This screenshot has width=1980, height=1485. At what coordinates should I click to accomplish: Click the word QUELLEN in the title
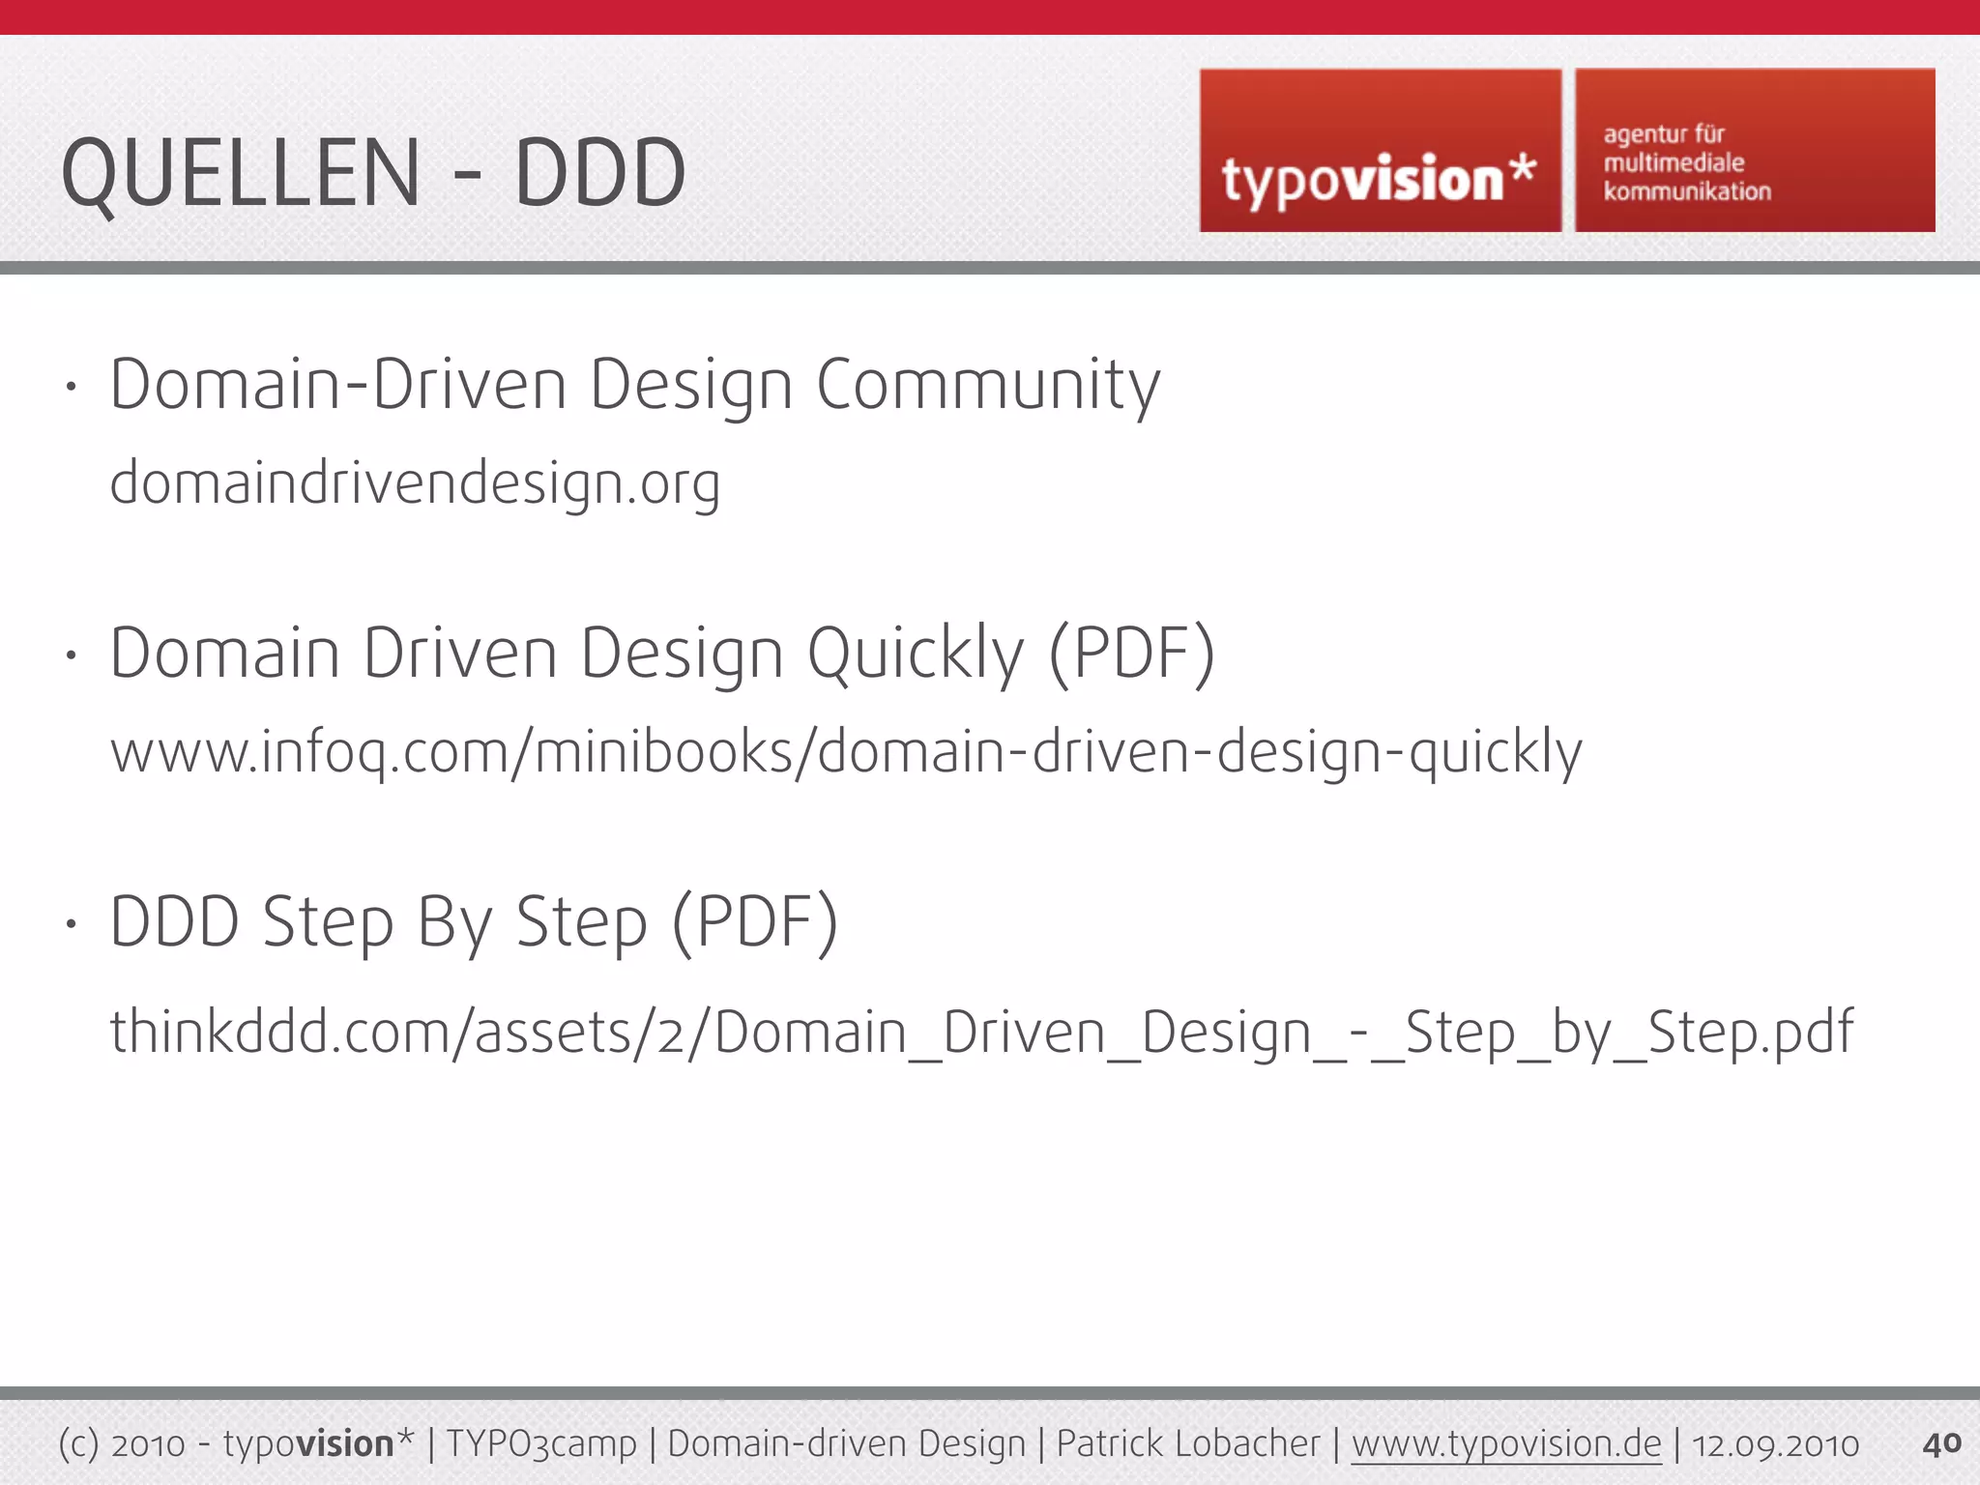point(241,174)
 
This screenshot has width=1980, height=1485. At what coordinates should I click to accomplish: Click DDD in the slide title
point(599,174)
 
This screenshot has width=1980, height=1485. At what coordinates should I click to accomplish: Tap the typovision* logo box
point(1380,151)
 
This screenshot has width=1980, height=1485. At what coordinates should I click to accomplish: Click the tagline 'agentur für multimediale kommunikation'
point(1687,162)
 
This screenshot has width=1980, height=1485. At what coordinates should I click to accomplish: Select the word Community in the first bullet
point(988,385)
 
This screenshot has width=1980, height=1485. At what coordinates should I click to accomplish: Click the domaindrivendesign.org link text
point(415,483)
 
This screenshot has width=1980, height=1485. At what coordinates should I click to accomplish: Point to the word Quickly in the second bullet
point(915,655)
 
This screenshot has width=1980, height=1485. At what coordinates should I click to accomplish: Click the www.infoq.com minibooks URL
point(846,752)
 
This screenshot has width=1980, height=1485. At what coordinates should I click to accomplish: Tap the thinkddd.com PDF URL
point(981,1032)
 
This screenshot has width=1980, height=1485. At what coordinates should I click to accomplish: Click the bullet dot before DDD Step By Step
point(71,923)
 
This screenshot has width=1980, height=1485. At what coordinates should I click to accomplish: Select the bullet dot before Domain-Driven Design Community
point(71,387)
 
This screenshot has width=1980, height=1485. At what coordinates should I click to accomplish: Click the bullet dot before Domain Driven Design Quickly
point(71,655)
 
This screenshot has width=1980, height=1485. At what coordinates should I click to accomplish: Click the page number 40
point(1941,1443)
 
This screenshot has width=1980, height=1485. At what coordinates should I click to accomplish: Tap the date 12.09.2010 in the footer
point(1775,1444)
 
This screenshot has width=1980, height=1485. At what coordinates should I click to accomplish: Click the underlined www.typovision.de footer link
point(1505,1444)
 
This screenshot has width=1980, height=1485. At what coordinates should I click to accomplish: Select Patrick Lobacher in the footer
point(1187,1444)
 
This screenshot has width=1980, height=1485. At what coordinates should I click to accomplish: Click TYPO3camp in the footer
point(541,1444)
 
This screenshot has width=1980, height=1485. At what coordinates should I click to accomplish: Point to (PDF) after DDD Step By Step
point(755,923)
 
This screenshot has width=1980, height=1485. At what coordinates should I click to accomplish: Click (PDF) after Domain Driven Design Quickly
point(1132,655)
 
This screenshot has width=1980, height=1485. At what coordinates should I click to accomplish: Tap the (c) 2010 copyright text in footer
point(122,1444)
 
